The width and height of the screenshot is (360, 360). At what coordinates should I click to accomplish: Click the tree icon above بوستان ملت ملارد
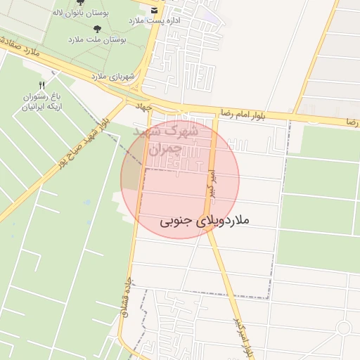pos(96,29)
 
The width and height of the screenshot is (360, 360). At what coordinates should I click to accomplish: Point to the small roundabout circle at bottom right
pos(343,328)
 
